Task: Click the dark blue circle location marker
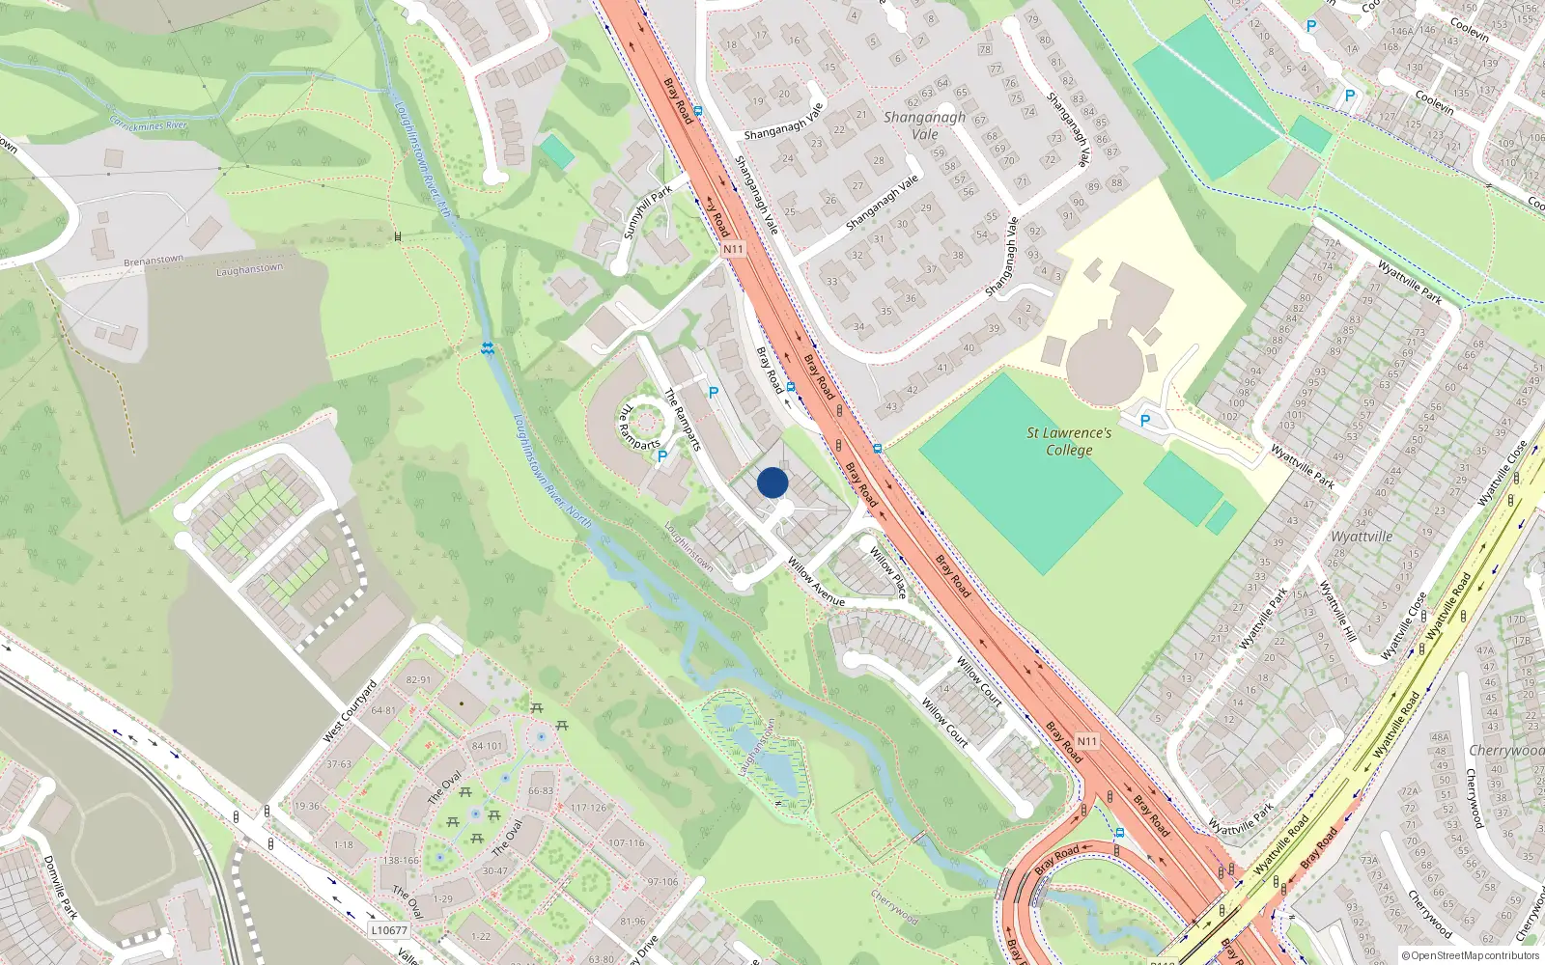tap(772, 482)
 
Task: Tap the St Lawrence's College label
tap(1069, 442)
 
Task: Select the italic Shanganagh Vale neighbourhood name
tap(924, 125)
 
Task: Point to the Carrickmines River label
tap(148, 124)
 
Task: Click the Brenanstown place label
tap(154, 261)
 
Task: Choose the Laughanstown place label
tap(249, 269)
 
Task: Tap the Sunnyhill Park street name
tap(647, 213)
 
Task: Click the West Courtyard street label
tap(350, 711)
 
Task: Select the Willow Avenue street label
tap(816, 582)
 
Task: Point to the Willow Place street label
tap(888, 572)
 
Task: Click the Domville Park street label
tap(60, 886)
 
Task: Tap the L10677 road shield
tap(388, 930)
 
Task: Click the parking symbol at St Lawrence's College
tap(1145, 421)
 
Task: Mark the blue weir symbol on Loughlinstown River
tap(489, 348)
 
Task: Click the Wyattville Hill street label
tap(1338, 611)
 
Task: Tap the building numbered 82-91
tap(418, 679)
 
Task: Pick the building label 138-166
tap(401, 860)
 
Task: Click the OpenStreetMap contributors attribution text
tap(1470, 955)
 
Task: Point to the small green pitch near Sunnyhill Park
tap(556, 151)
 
